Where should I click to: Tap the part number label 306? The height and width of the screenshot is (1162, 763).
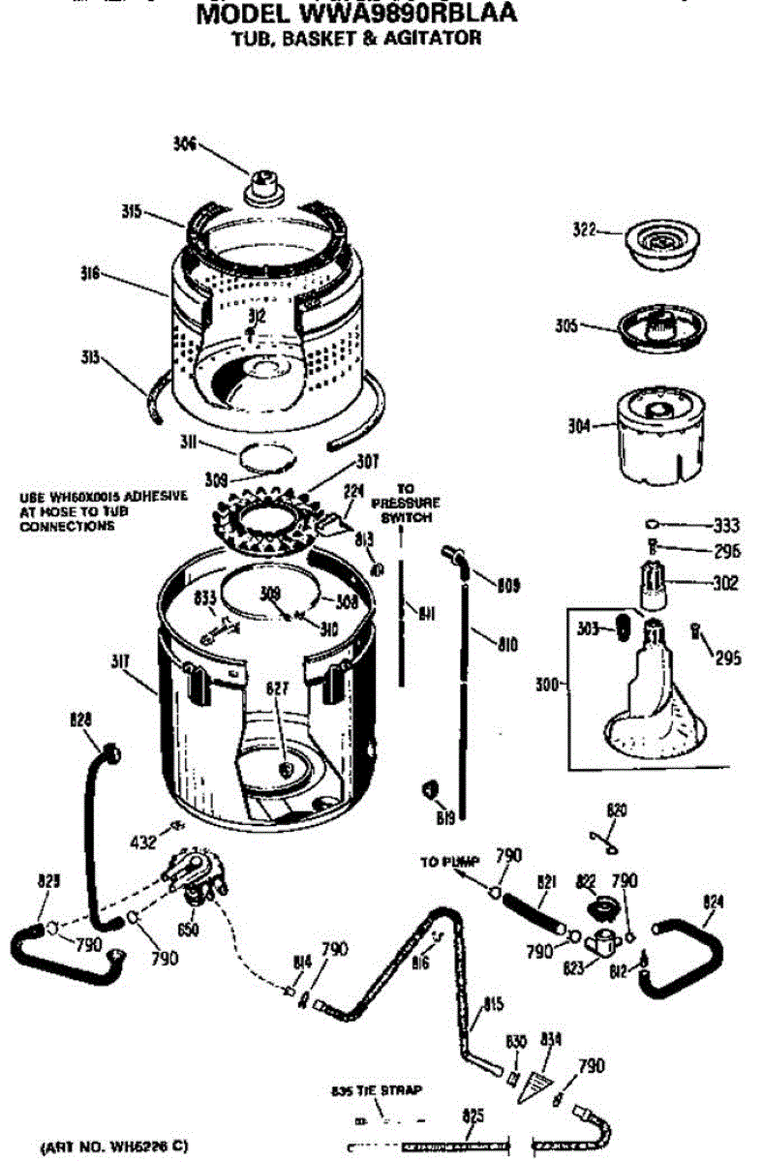[x=184, y=144]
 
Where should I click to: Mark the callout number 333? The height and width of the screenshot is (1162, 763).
[x=725, y=526]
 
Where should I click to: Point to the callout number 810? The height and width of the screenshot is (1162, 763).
[x=505, y=644]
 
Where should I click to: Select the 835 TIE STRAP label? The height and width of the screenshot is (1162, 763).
[x=377, y=1091]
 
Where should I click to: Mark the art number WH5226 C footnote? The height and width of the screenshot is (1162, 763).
[x=120, y=1147]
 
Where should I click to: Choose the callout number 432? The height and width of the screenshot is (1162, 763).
[x=142, y=842]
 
